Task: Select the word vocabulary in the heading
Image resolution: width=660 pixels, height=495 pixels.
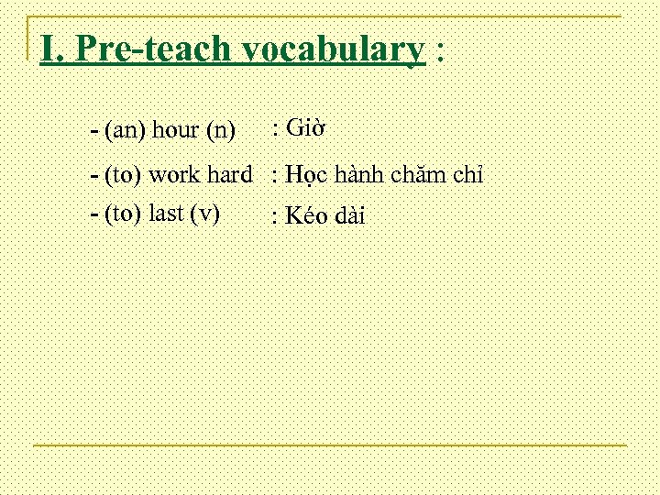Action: point(324,49)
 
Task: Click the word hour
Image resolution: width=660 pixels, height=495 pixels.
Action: point(177,130)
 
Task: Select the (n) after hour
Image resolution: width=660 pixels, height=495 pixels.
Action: point(221,130)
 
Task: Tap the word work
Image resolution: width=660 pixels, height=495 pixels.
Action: point(178,173)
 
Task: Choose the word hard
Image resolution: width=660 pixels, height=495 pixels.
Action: point(233,173)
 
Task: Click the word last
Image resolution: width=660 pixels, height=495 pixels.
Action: point(165,214)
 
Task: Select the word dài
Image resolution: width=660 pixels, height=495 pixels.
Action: point(349,216)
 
